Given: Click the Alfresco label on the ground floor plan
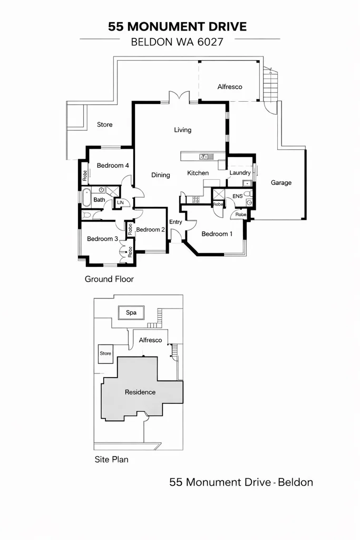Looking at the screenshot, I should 230,86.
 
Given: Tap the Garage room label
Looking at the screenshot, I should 281,183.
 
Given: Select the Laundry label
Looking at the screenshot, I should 240,173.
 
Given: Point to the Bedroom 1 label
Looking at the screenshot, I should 217,234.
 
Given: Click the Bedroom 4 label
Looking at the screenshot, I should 113,166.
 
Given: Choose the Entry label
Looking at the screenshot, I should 176,222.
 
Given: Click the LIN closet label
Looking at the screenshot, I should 120,202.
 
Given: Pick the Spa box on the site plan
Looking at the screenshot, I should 131,313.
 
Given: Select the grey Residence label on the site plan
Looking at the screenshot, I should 140,392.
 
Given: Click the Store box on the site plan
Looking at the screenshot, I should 105,353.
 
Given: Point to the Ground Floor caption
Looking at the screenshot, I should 109,279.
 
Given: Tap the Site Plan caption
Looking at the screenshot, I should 111,459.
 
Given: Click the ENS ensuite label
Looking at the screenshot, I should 237,196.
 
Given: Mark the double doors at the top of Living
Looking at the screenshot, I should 179,97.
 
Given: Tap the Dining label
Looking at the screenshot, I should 161,175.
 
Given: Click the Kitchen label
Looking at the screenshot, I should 198,173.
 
